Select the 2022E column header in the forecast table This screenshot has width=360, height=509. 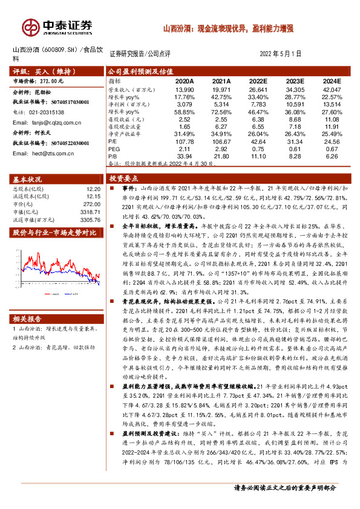point(257,80)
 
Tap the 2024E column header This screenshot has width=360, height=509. point(331,80)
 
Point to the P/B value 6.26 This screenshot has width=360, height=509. point(331,156)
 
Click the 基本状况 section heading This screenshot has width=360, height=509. point(28,180)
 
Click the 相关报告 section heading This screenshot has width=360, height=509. point(28,319)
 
